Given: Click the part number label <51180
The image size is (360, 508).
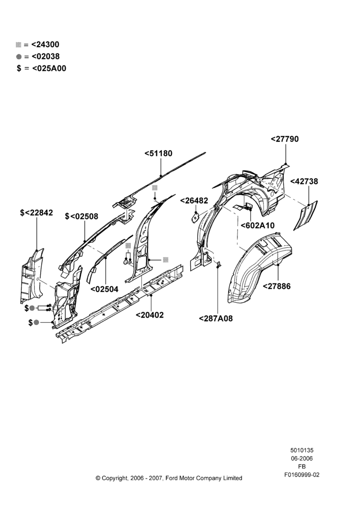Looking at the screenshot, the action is tap(158, 153).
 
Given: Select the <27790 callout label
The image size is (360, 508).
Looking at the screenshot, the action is tap(285, 139).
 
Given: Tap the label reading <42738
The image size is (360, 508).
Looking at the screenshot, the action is tap(304, 181).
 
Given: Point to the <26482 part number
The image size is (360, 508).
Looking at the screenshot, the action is tap(194, 201).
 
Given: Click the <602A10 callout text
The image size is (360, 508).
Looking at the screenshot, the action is tap(257, 225).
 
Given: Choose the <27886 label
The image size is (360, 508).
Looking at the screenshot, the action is tap(277, 286).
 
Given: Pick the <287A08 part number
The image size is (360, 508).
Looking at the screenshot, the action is tap(216, 319).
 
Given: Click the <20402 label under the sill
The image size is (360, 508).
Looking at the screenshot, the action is tap(149, 314).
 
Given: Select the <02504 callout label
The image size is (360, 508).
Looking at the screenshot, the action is tap(104, 289).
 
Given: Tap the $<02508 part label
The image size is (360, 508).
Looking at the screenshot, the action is tap(81, 216).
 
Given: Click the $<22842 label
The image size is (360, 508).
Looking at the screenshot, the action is tap(36, 212).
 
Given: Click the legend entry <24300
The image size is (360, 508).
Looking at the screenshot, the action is tap(45, 44).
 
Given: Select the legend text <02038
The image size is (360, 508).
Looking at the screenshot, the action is tap(46, 56).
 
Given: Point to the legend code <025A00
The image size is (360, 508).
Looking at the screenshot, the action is tap(49, 69).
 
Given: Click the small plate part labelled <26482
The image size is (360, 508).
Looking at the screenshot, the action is tap(196, 216).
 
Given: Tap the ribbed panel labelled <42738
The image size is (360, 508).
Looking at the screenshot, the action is tap(306, 215).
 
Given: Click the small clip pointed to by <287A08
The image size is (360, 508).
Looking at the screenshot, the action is tap(218, 264).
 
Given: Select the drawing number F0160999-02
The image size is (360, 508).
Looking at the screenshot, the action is tap(302, 474).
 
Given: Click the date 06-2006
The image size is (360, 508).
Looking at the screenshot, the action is tap(302, 458).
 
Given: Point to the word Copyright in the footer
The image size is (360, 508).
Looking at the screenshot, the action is tap(114, 478).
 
